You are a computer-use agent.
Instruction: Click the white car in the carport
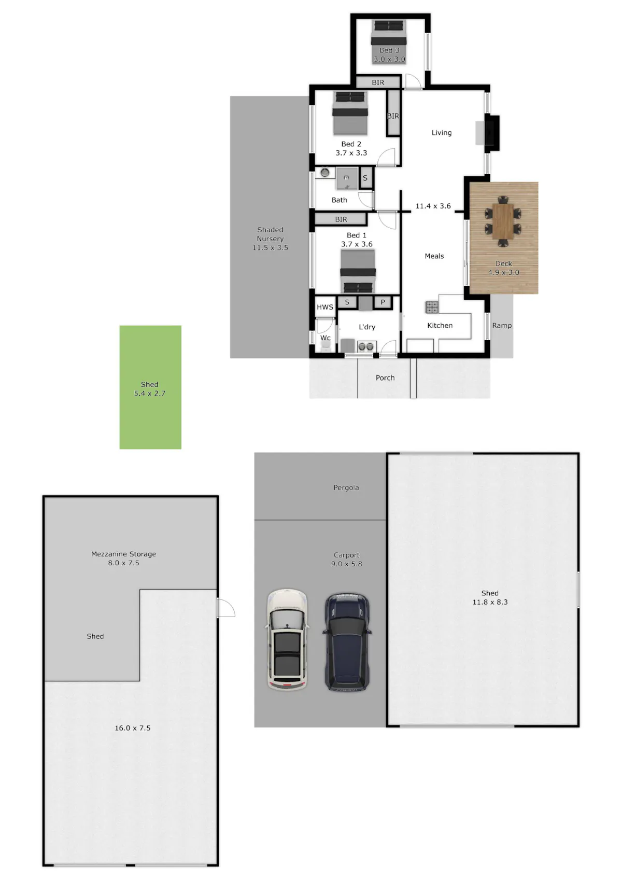pyautogui.click(x=287, y=639)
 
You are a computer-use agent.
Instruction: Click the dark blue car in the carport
pyautogui.click(x=347, y=642)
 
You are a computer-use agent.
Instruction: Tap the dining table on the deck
pyautogui.click(x=503, y=221)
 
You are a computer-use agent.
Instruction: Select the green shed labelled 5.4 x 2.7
pyautogui.click(x=150, y=387)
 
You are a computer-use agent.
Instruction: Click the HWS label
pyautogui.click(x=325, y=307)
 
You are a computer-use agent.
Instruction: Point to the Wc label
pyautogui.click(x=325, y=338)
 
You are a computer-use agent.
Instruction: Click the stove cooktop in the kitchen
pyautogui.click(x=432, y=307)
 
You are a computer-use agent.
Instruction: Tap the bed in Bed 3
pyautogui.click(x=389, y=42)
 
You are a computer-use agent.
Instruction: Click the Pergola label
pyautogui.click(x=346, y=487)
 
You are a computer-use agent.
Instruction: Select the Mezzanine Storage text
pyautogui.click(x=124, y=554)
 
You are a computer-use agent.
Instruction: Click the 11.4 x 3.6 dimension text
pyautogui.click(x=433, y=206)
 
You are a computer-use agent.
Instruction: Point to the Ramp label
pyautogui.click(x=502, y=325)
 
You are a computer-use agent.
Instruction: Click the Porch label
pyautogui.click(x=385, y=378)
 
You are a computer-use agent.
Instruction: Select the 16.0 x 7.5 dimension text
pyautogui.click(x=133, y=728)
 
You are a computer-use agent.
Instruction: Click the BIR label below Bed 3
pyautogui.click(x=378, y=82)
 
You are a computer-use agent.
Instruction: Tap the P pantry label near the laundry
pyautogui.click(x=383, y=302)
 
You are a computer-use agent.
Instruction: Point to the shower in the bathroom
pyautogui.click(x=347, y=178)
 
